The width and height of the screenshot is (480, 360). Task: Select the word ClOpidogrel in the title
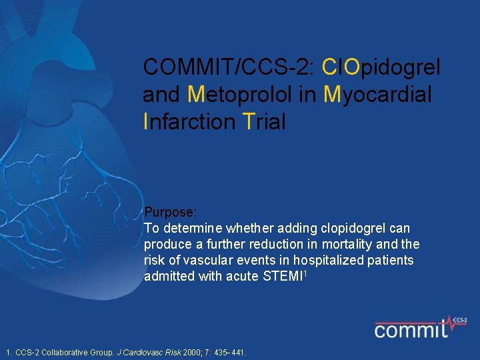(381, 67)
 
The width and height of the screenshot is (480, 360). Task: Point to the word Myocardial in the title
(377, 95)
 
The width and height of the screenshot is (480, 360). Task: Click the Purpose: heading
(171, 213)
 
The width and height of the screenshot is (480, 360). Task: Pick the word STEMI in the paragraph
(283, 277)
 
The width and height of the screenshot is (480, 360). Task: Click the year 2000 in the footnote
(195, 352)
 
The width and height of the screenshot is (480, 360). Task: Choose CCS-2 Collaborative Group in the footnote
(64, 352)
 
